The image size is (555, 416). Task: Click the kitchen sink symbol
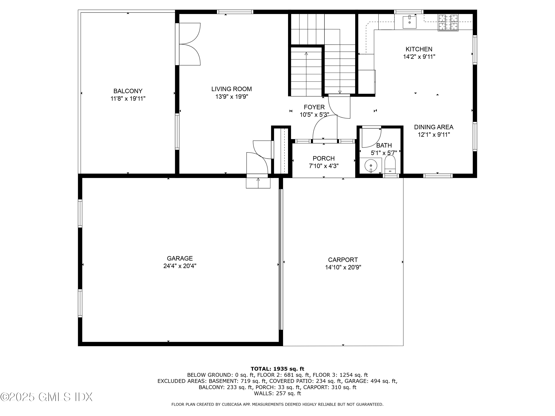click(409, 22)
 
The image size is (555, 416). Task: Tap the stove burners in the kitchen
click(448, 23)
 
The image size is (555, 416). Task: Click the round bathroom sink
click(371, 166)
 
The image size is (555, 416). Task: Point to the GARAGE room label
click(180, 258)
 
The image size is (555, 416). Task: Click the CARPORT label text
click(343, 260)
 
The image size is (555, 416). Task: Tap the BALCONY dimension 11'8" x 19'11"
click(128, 99)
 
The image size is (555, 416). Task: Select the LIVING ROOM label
click(231, 89)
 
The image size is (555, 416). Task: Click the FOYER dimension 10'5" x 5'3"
click(314, 115)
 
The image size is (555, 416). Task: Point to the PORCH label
click(323, 158)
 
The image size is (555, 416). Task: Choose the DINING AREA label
click(434, 127)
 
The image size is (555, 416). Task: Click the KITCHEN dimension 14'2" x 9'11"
click(419, 57)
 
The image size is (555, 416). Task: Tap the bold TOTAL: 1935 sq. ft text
click(277, 369)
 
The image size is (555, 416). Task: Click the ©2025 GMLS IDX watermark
click(46, 397)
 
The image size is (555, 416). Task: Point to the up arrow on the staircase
click(306, 54)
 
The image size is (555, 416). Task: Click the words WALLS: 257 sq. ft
click(277, 393)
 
